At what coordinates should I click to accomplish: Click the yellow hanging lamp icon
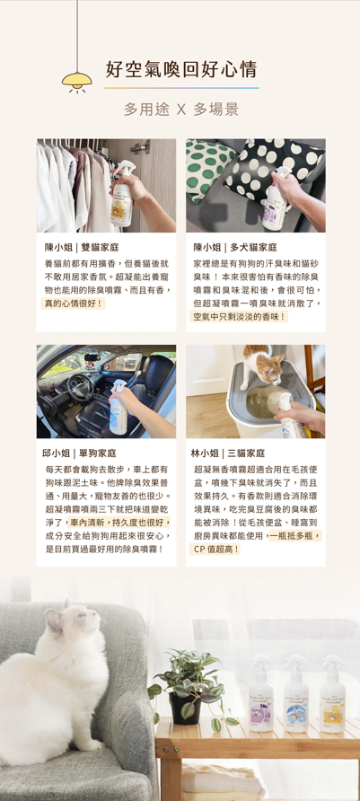[77, 81]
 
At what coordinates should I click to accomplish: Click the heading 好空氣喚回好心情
[181, 69]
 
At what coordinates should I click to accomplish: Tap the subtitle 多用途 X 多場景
[181, 110]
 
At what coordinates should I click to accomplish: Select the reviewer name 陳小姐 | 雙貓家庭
[82, 248]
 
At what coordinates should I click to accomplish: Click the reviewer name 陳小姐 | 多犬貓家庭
[235, 248]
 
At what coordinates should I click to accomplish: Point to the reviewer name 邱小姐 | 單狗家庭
[79, 453]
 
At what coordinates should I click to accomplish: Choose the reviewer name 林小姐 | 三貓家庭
[228, 453]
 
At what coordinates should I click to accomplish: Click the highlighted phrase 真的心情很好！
[73, 304]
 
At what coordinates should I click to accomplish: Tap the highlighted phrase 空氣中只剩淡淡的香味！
[239, 317]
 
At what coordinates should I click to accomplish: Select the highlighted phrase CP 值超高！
[215, 550]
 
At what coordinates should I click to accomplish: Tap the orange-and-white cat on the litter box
[262, 365]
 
